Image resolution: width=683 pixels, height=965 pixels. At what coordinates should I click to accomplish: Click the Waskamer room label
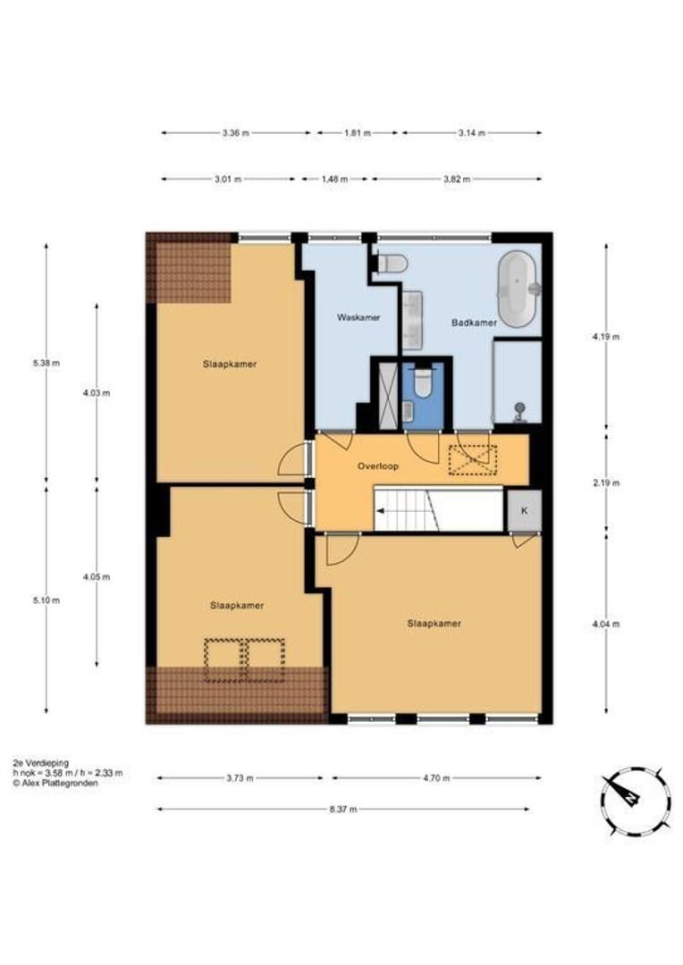click(358, 317)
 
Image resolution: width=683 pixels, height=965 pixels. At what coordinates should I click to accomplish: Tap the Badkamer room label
click(474, 323)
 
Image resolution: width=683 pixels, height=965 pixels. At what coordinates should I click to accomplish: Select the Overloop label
click(378, 466)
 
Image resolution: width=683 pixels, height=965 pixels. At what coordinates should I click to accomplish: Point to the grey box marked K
click(524, 510)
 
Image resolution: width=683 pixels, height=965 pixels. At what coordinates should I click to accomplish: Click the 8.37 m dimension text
click(343, 810)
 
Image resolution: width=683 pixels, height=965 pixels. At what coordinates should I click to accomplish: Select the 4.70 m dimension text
click(436, 778)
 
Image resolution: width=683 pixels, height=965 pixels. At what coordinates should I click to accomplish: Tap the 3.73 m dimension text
click(240, 778)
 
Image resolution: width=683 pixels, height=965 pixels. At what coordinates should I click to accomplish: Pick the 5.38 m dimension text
click(46, 363)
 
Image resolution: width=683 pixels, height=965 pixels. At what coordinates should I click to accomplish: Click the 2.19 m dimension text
click(607, 483)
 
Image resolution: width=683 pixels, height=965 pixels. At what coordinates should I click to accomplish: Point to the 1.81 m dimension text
click(358, 133)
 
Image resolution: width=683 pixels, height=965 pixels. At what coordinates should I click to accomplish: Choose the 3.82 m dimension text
click(457, 180)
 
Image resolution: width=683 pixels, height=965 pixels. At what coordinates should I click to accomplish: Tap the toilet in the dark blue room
click(423, 382)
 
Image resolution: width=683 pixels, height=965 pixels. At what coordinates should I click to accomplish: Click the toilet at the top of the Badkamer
click(392, 264)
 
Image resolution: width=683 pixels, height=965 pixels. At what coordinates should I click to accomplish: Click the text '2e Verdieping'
click(40, 763)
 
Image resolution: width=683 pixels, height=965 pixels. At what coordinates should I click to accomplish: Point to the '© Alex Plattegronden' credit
click(55, 784)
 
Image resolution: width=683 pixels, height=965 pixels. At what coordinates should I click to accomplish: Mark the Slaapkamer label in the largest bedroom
click(434, 624)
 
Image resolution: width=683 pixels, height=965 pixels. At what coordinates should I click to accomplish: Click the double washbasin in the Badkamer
click(413, 319)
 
